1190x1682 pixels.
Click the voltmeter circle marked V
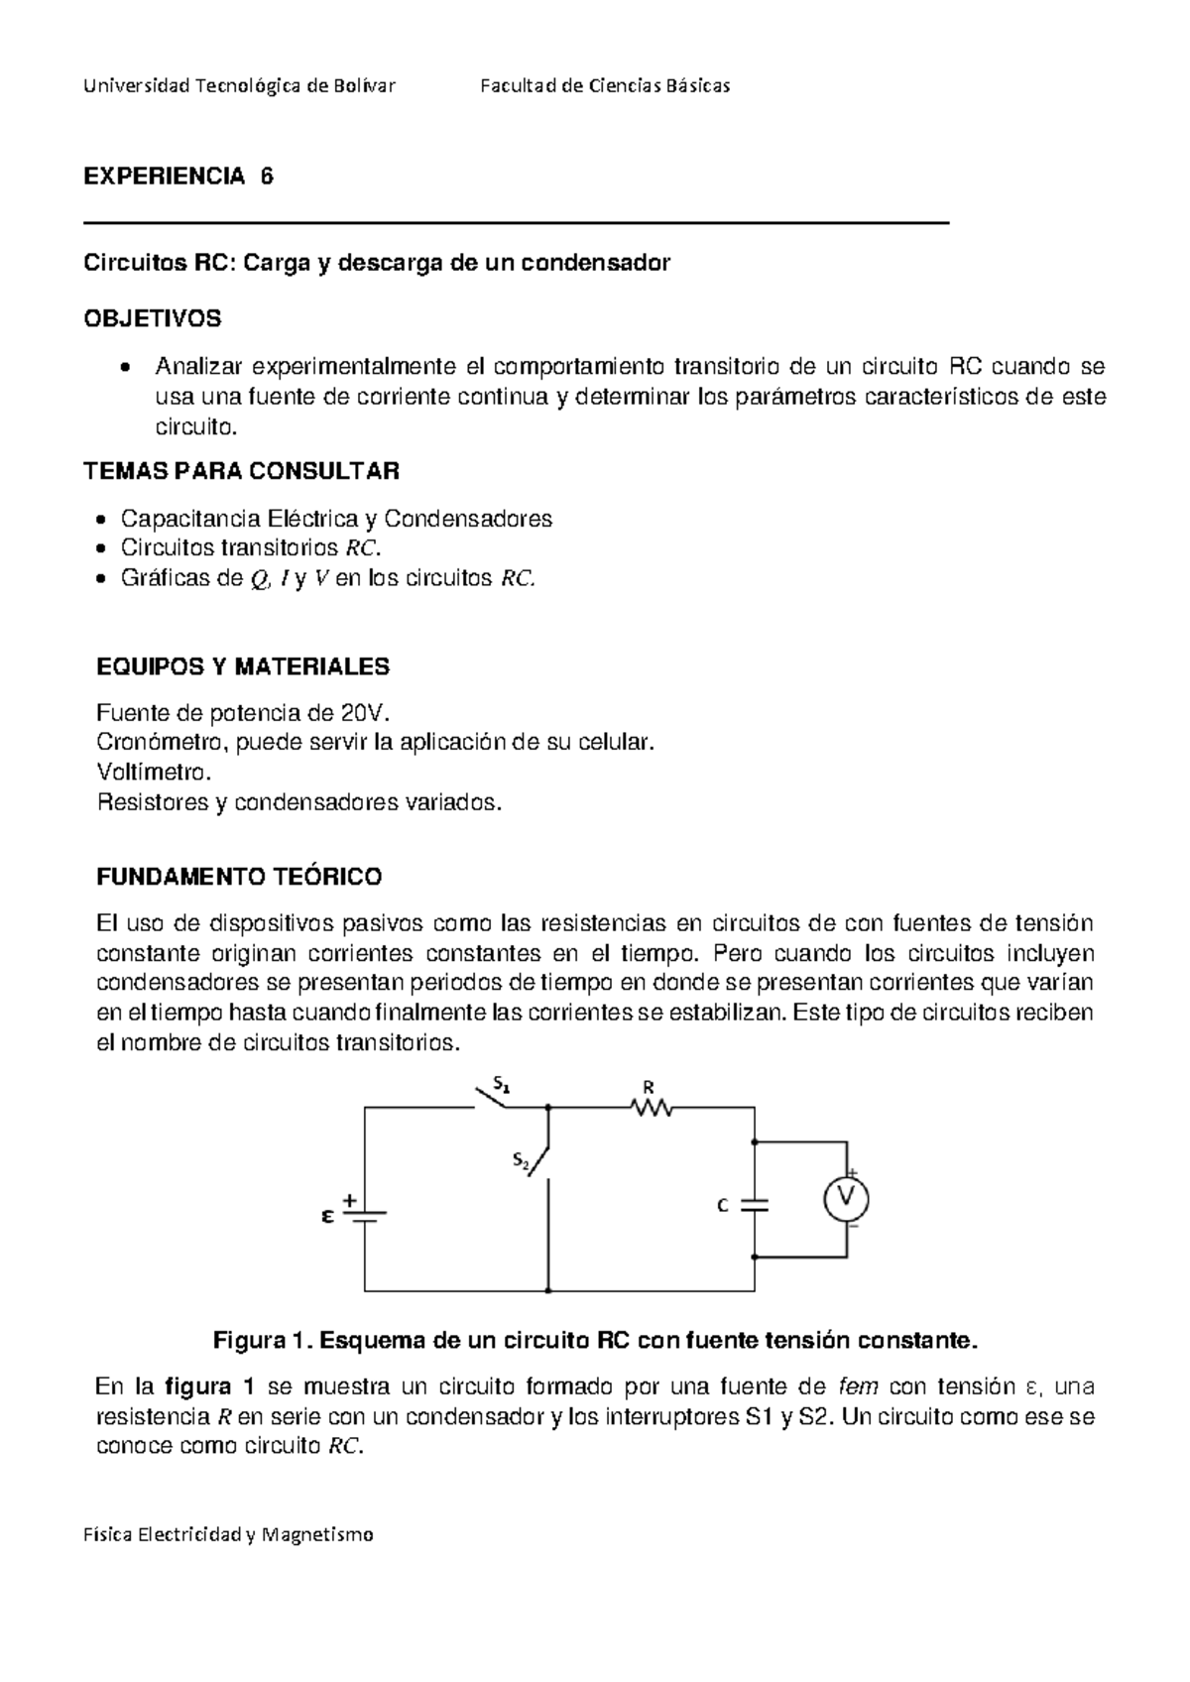[x=846, y=1199]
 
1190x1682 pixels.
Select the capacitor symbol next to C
[x=755, y=1205]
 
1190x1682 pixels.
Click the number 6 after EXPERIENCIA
[x=266, y=177]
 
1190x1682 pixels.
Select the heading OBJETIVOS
[x=152, y=319]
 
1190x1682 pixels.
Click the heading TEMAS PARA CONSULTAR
[x=242, y=470]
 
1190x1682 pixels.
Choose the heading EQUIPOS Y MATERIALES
[x=243, y=666]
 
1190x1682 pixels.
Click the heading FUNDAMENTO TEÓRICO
[x=239, y=877]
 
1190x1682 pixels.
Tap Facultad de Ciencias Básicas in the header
[x=604, y=86]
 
